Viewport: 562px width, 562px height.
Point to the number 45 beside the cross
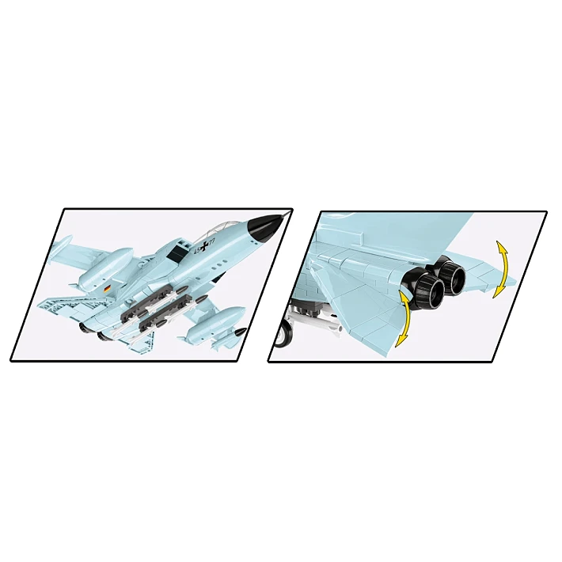197,250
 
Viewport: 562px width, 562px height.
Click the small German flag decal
108,289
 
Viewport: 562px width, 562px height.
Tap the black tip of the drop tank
240,333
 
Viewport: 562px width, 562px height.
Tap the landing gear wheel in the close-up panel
283,336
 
